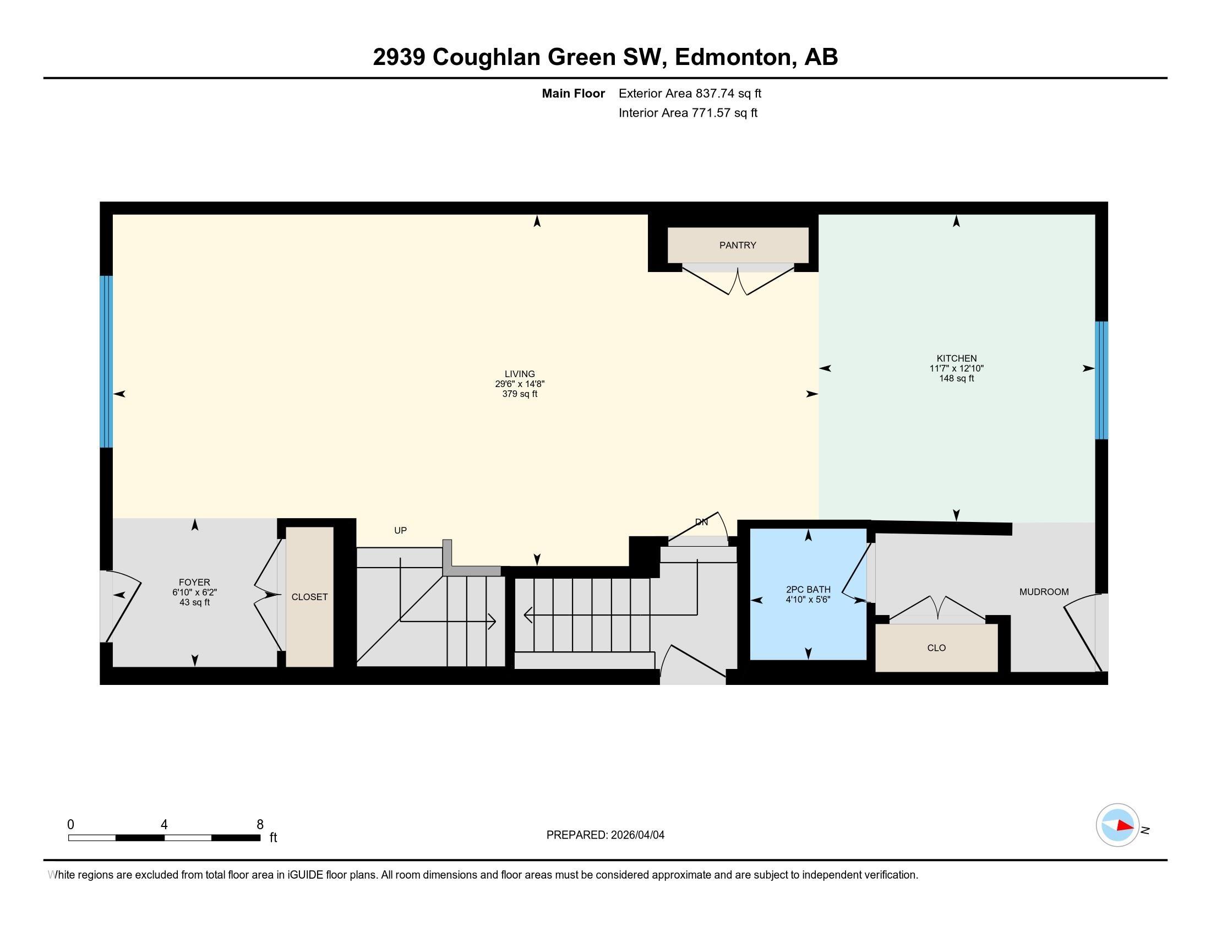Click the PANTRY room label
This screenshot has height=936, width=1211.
coord(738,245)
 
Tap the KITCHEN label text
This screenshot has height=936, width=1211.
coord(957,358)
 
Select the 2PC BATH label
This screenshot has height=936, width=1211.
coord(808,590)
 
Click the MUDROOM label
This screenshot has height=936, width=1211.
coord(1044,592)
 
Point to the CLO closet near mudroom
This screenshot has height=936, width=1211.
coord(936,647)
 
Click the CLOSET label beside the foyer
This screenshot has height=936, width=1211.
coord(309,597)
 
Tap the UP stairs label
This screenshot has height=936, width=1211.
coord(400,530)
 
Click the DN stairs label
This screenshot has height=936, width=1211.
coord(701,522)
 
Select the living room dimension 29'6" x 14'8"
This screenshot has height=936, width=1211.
coord(520,384)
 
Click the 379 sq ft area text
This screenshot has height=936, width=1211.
coord(520,394)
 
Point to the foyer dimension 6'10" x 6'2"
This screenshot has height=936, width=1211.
coord(194,592)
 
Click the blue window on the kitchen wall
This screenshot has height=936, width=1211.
coord(1101,380)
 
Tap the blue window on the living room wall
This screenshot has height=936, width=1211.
coord(106,362)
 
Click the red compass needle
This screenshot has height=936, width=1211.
coord(1124,826)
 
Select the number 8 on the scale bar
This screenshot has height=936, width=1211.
coord(260,825)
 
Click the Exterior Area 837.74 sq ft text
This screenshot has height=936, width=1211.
coord(690,93)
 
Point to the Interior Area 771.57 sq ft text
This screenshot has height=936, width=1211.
coord(688,112)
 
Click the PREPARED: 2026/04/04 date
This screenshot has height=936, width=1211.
coord(605,835)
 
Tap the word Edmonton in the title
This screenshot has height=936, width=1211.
coord(733,57)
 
